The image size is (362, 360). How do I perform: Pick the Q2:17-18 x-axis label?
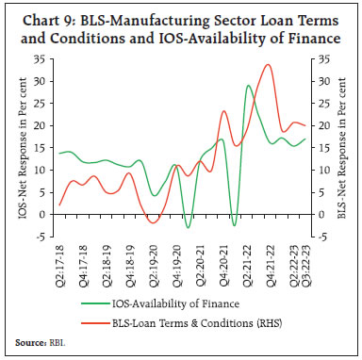tap(60, 262)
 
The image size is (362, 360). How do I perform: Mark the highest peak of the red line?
tap(269, 65)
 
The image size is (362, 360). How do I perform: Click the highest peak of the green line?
tap(248, 86)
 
